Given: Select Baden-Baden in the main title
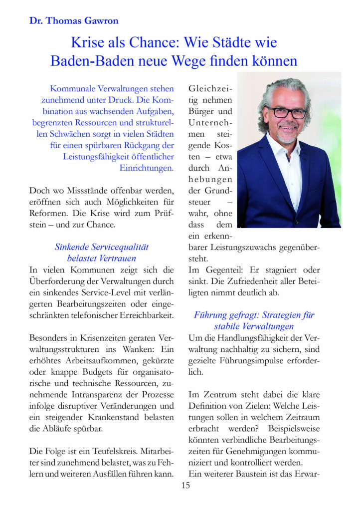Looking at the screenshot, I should tap(88, 61).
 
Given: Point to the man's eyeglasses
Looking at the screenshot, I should tap(287, 113).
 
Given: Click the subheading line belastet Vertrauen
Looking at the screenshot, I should tap(102, 258).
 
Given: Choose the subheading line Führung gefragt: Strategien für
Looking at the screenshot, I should tap(254, 315).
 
